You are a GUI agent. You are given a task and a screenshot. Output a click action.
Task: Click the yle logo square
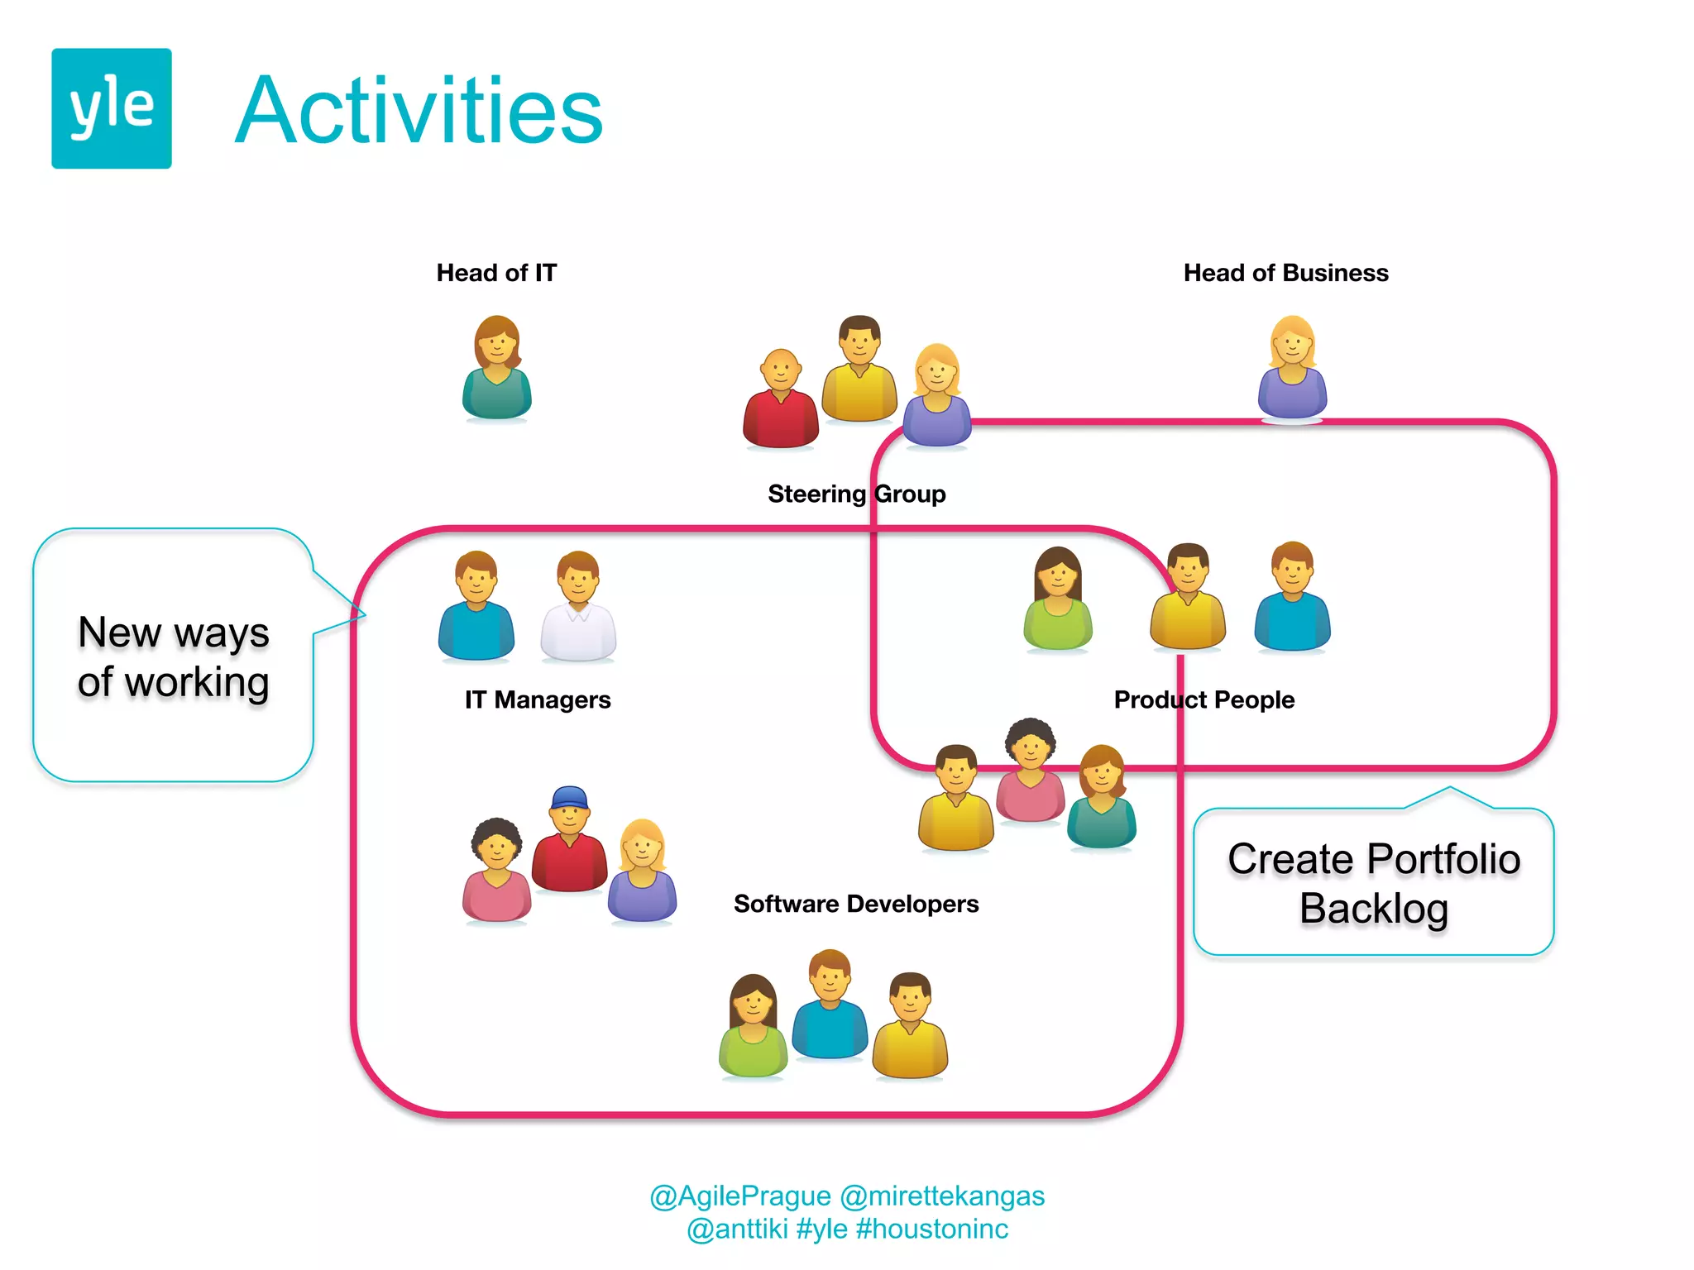112,108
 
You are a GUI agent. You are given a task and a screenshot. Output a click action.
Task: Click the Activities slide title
419,111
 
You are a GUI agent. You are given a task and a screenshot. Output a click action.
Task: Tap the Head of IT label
496,273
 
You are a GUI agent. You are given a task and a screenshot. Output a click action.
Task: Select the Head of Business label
1285,273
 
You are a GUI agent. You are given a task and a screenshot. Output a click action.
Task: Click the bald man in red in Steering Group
780,400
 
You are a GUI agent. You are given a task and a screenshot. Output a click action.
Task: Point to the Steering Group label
856,494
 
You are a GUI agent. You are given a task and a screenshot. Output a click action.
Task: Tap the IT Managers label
538,699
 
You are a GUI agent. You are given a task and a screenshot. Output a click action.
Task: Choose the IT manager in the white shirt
578,608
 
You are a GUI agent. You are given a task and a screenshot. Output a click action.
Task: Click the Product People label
1204,699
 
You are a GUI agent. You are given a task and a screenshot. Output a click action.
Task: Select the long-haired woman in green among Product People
1057,599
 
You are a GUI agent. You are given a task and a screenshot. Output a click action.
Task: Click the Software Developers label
856,904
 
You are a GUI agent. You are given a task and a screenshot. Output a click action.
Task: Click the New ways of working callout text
174,657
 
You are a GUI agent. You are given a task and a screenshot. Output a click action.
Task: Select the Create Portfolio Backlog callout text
1373,883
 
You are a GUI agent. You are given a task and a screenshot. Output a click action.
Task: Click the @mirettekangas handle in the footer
942,1196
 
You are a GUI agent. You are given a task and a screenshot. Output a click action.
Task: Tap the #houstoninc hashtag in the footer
932,1229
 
